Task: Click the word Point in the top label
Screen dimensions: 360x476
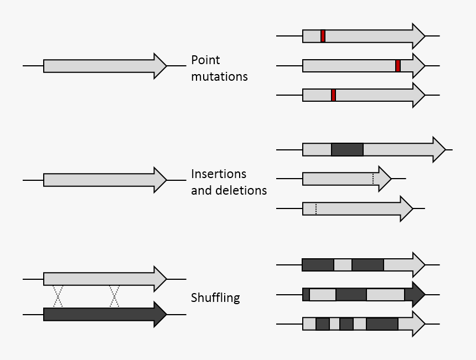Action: pos(206,60)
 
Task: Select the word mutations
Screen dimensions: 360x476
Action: pos(219,77)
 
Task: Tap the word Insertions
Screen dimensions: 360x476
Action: pos(219,174)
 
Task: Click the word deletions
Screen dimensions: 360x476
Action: pos(241,191)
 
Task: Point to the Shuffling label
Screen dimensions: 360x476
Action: pos(215,298)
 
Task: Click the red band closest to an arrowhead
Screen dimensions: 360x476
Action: pos(397,66)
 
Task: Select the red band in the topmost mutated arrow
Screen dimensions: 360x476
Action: pos(323,36)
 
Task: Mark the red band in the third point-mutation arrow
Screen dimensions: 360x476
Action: pos(333,95)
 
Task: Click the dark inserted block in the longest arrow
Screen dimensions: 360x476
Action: pos(347,149)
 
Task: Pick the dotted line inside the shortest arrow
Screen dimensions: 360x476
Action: pos(373,179)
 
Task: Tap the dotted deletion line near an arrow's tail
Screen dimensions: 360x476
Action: pos(315,208)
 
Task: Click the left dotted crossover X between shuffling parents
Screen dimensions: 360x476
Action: pos(58,296)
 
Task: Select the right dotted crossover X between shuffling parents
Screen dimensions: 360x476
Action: pos(115,296)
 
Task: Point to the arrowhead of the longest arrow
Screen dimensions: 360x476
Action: pos(438,149)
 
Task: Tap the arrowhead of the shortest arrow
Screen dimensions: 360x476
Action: pos(384,179)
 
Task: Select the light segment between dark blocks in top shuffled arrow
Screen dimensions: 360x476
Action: pos(343,265)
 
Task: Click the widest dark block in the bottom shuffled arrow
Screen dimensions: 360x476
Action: pos(382,324)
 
